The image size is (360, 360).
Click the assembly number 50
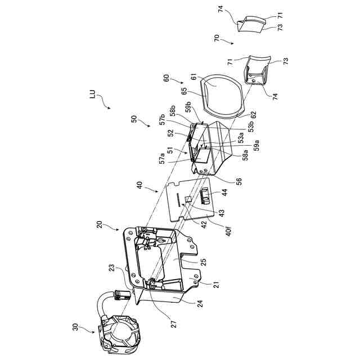coord(133,119)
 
